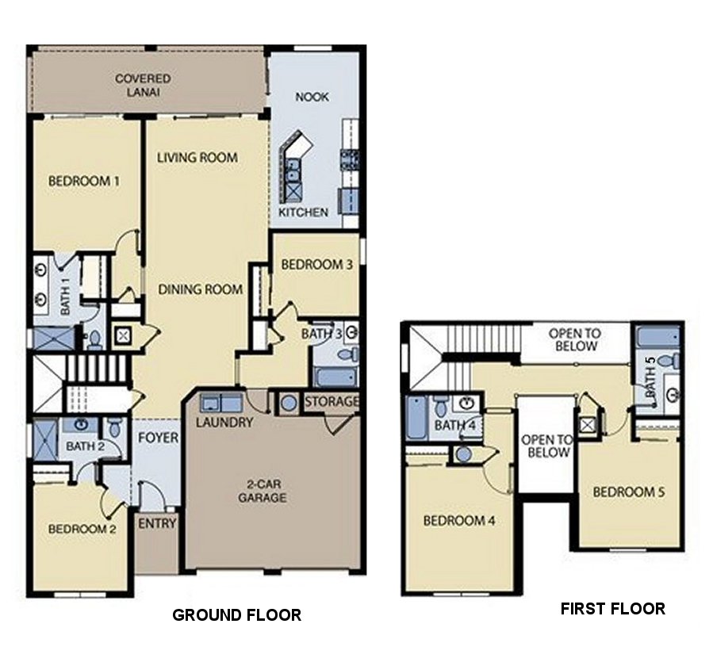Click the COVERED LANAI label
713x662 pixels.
143,85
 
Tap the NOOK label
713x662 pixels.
312,97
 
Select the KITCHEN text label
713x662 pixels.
303,212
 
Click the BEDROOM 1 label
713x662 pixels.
84,181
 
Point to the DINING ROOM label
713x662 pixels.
200,289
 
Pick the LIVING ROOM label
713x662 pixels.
197,157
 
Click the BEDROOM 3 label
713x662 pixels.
317,265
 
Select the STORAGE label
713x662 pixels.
331,402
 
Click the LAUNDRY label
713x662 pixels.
226,423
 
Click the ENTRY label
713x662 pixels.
156,524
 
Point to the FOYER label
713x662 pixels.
158,438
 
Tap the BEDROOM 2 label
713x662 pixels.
82,529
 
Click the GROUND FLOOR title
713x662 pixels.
237,614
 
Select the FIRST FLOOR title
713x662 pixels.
612,609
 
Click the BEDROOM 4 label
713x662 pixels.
459,521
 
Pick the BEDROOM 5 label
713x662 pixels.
629,492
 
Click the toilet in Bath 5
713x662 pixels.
668,362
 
